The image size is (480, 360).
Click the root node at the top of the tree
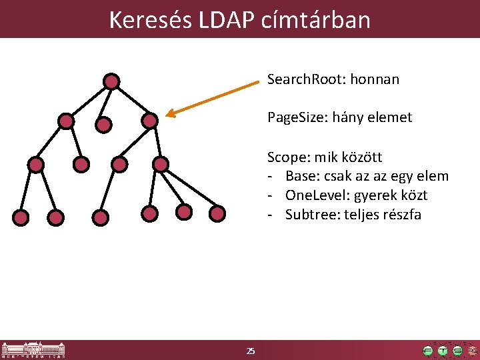111,81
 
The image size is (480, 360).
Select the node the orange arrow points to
150,121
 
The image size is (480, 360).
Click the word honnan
377,79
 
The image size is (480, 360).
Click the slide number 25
250,351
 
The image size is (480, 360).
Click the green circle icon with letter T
443,351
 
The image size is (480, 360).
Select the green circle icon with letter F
427,351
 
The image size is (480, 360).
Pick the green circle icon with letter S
457,351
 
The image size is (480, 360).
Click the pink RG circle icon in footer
472,351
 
